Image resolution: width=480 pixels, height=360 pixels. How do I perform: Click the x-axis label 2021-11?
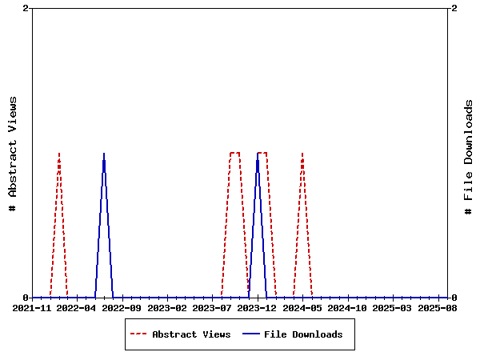[33, 307]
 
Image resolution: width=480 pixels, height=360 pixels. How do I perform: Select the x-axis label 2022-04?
[78, 307]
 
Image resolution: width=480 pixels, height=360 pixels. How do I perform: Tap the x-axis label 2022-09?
[122, 307]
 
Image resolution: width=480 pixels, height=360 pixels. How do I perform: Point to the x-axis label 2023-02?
[167, 307]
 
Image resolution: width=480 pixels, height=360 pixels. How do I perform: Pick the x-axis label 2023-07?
[212, 307]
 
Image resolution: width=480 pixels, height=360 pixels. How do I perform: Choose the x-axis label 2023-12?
[257, 307]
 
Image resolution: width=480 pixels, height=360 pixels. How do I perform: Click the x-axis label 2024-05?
[302, 307]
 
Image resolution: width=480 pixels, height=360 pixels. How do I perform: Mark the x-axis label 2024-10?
[347, 307]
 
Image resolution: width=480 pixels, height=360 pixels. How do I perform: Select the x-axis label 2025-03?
[392, 307]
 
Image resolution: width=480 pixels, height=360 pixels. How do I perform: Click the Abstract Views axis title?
[13, 153]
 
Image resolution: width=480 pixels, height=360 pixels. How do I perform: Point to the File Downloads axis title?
[469, 157]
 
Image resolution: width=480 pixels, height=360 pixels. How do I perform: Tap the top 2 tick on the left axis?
[26, 8]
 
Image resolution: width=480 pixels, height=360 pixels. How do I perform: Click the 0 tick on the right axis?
[454, 298]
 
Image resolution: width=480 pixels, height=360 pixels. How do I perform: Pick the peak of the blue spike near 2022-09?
[104, 153]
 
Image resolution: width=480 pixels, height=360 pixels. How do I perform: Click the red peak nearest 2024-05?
[302, 153]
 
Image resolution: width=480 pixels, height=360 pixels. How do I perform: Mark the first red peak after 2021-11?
[59, 153]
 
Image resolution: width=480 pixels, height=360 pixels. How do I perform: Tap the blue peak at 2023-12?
[258, 153]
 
